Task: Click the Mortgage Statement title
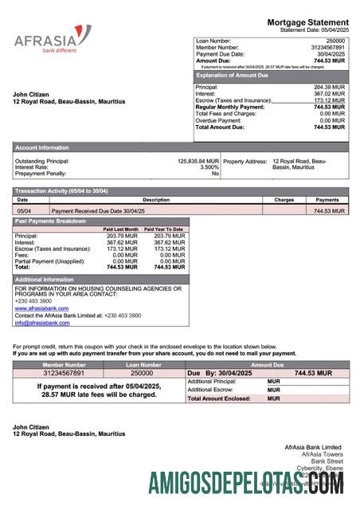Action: [x=307, y=22]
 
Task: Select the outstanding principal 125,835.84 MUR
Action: [x=198, y=160]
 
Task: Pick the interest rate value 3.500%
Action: [x=209, y=167]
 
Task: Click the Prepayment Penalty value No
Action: [x=214, y=173]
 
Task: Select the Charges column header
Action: [x=284, y=200]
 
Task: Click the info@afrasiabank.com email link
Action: [x=41, y=323]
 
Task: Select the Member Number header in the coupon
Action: [x=63, y=364]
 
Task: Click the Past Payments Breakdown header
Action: [x=50, y=221]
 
